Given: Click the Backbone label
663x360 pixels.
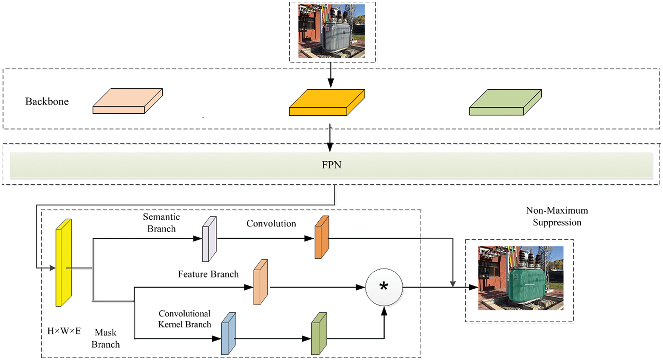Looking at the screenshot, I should click(47, 102).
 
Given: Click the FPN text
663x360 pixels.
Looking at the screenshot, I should click(331, 165).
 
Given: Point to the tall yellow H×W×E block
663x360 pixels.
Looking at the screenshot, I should click(64, 263).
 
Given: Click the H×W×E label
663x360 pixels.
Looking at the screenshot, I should click(64, 331).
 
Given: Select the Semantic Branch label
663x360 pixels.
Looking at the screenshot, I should click(161, 223).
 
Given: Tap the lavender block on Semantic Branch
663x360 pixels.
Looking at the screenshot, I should click(209, 239).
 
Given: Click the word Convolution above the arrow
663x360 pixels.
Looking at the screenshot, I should click(271, 223).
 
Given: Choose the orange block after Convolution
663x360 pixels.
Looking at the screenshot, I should click(322, 237).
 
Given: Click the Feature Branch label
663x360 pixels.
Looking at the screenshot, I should click(208, 274).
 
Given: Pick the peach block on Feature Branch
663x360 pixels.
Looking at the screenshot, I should click(261, 282).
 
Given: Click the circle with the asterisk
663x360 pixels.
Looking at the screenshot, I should click(384, 287).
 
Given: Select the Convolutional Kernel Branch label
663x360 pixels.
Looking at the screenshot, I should click(185, 319).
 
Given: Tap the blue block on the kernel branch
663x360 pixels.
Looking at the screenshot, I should click(229, 334).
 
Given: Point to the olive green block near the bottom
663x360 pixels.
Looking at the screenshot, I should click(319, 334).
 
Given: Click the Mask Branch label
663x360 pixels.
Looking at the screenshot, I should click(105, 338).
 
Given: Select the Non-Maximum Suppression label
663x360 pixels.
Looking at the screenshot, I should click(557, 216).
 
